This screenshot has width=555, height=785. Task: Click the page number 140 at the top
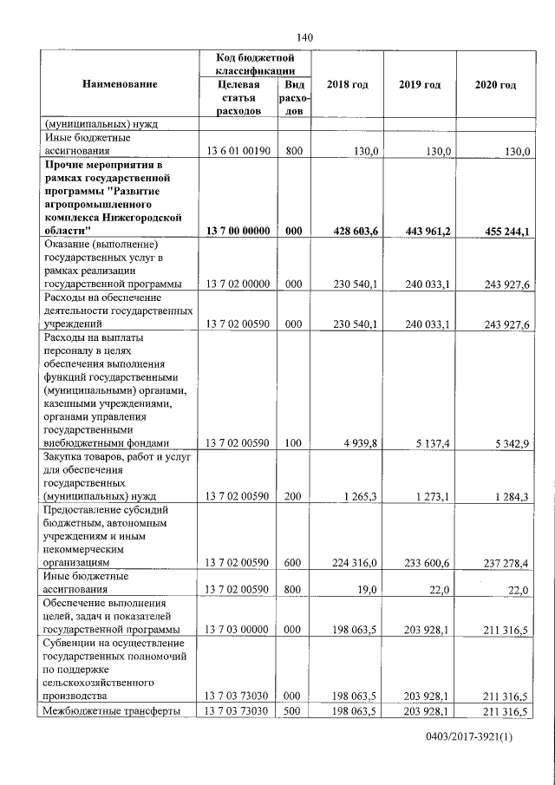click(304, 36)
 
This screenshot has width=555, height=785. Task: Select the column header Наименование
click(120, 84)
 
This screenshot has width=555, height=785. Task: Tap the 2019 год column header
click(420, 84)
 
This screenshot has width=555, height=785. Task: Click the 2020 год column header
click(496, 84)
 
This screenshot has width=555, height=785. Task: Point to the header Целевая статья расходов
click(235, 98)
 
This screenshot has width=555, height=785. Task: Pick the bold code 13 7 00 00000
click(238, 231)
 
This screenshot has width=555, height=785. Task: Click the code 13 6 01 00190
click(238, 150)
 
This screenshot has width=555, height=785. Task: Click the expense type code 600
click(292, 563)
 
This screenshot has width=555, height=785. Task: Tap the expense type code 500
click(292, 711)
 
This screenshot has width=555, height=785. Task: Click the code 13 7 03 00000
click(238, 629)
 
